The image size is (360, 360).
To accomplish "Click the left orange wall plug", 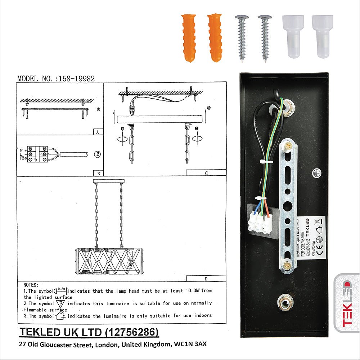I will [x=189, y=37].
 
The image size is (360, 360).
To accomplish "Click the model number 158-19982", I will [x=77, y=79].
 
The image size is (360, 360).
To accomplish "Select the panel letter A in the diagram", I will [x=98, y=132].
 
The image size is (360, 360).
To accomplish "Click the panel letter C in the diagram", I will [x=206, y=173].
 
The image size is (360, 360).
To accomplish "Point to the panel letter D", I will [x=206, y=279].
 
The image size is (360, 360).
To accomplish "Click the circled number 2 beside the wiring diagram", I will [x=97, y=154].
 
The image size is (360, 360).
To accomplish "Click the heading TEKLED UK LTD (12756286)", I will [x=89, y=332].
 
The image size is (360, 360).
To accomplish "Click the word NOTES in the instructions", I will [x=31, y=285].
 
